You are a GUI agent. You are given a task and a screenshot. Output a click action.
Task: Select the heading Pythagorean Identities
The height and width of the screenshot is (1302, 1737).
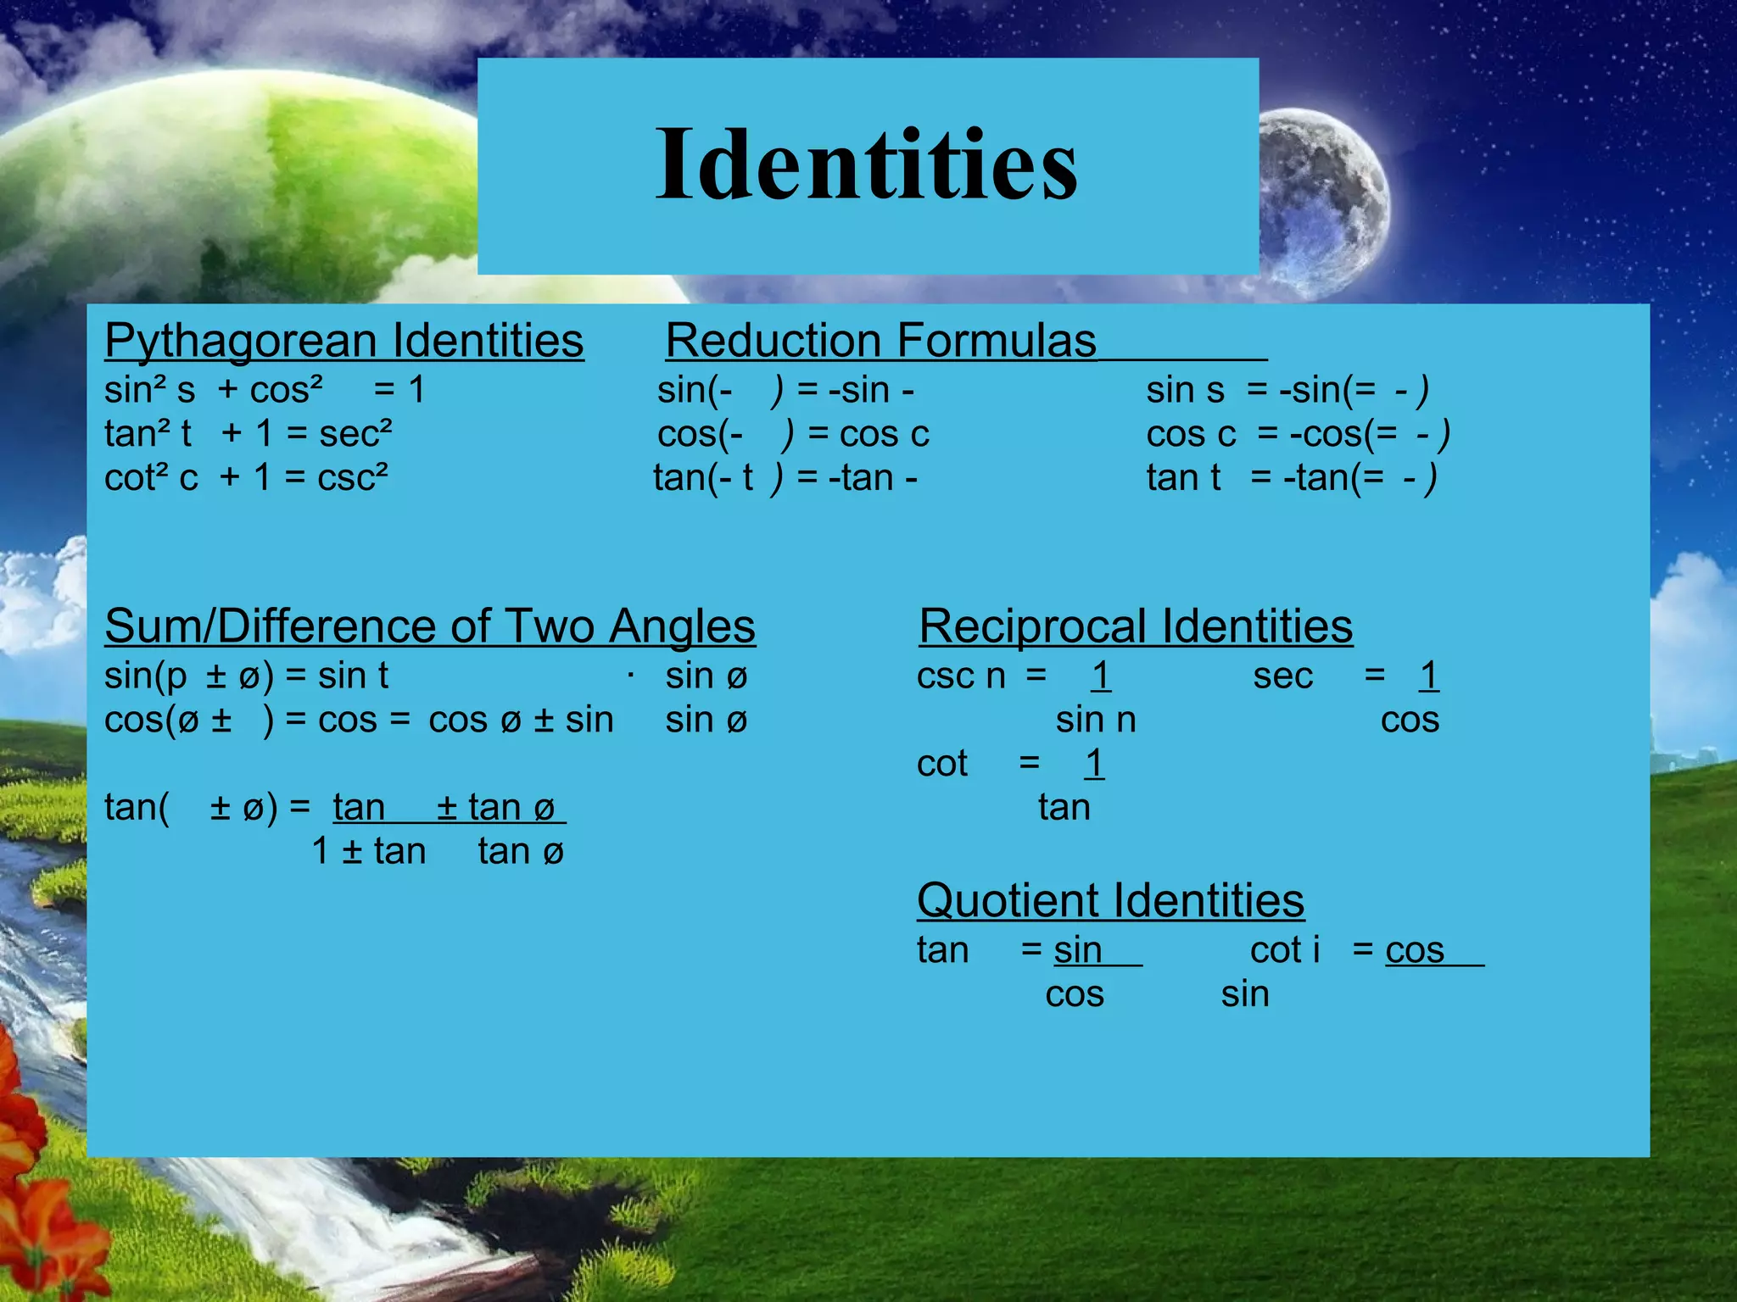[x=343, y=341]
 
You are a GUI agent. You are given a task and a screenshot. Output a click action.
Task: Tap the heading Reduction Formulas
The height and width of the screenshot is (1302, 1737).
[x=880, y=341]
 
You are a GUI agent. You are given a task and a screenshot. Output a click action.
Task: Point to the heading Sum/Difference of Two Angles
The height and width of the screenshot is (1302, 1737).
[x=429, y=626]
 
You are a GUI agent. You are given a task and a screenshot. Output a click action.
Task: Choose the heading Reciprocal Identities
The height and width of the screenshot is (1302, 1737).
[x=1135, y=626]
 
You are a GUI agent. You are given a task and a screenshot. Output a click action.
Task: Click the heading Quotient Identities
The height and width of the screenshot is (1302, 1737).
[x=1110, y=900]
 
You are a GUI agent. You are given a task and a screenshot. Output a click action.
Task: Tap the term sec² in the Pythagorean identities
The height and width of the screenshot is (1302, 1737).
[x=355, y=433]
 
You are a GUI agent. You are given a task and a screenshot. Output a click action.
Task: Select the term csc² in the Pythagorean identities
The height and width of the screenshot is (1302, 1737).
[x=353, y=477]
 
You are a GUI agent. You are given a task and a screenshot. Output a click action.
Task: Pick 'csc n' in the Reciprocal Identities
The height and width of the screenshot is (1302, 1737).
[x=960, y=676]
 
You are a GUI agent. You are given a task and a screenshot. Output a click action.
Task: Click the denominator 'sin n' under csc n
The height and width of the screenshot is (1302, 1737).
[x=1095, y=721]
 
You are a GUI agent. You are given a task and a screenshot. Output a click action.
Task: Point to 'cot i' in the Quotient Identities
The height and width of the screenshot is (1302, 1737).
[x=1284, y=950]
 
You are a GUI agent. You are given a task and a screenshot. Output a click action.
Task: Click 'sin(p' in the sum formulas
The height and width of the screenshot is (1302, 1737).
[x=145, y=676]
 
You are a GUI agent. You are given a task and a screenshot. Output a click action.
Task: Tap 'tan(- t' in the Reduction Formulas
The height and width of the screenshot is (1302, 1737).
[x=702, y=478]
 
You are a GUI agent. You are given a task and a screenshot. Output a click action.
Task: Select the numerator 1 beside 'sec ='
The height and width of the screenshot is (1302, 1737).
[x=1428, y=676]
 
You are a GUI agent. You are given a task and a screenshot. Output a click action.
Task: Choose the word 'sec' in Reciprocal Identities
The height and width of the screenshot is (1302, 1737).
[x=1282, y=676]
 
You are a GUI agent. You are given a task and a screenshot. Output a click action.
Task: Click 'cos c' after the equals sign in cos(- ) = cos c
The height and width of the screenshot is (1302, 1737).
[x=884, y=434]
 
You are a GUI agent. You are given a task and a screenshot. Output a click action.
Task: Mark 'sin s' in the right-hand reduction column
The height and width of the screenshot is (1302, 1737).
[x=1185, y=390]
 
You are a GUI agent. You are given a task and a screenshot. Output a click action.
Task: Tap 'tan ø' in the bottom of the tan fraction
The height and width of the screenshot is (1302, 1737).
[x=520, y=851]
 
